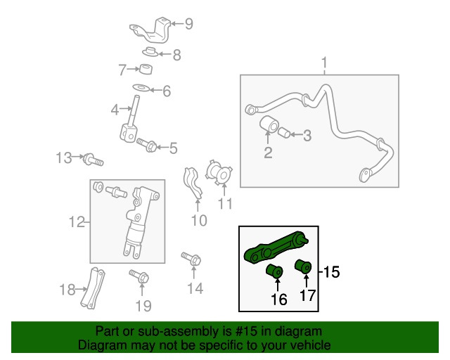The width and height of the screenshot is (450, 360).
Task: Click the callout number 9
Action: [188, 23]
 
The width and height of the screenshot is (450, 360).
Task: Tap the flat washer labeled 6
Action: [141, 87]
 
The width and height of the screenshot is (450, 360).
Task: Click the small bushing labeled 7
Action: [146, 69]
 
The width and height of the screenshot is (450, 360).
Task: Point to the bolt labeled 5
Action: [146, 145]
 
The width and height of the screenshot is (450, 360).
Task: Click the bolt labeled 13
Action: [94, 160]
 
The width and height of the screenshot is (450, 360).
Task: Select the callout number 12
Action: [77, 222]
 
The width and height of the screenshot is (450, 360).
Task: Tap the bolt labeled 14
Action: [191, 259]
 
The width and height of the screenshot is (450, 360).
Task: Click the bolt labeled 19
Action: [139, 276]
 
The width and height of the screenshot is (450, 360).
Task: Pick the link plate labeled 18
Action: [92, 288]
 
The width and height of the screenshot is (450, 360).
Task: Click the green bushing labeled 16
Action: [275, 271]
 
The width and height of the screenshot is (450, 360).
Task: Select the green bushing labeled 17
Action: [303, 266]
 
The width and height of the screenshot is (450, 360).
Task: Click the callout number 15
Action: [331, 271]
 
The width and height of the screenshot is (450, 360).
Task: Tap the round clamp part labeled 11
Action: [219, 172]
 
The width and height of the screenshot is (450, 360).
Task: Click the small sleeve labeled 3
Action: [284, 133]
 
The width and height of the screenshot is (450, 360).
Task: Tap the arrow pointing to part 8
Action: [165, 54]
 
